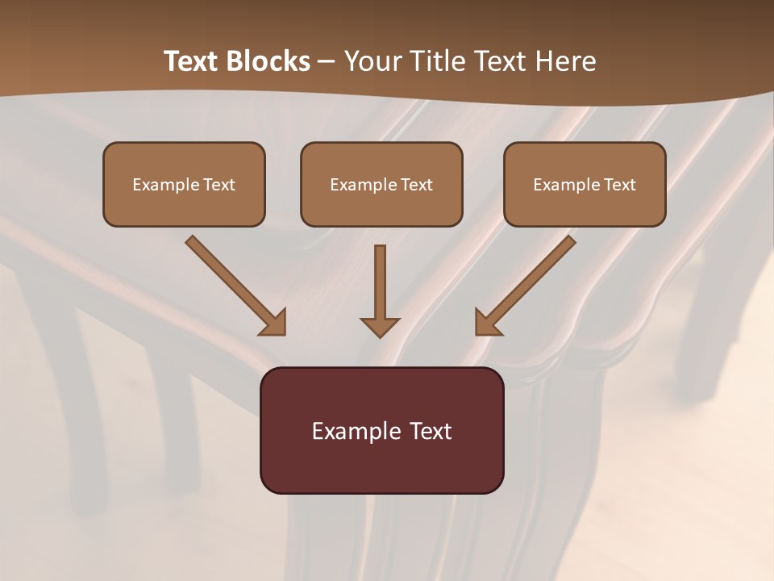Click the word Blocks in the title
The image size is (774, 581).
point(268,61)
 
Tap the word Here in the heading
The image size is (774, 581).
point(564,61)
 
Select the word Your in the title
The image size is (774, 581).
point(372,61)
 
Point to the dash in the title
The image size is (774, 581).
point(327,61)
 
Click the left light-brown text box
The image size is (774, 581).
point(184,185)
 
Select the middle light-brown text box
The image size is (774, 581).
point(381,185)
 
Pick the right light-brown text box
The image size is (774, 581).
point(585,185)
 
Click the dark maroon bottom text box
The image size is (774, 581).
point(381,431)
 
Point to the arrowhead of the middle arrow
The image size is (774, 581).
point(380,326)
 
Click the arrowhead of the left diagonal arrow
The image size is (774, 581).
point(274,322)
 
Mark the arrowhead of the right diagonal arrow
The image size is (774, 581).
point(487,322)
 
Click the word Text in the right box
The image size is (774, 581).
point(620,185)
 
